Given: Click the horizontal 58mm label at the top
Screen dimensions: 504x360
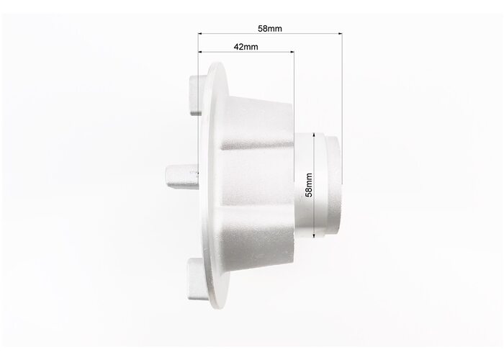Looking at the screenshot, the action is [270, 29].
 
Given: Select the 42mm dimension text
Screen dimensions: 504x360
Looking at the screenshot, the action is [246, 47].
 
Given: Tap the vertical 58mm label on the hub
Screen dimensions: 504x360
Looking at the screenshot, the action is [309, 185].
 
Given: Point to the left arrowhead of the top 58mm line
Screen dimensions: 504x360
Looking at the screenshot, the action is [200, 33].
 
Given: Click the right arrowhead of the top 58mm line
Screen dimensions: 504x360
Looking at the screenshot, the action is [341, 33].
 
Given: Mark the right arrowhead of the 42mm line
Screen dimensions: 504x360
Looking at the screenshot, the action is [292, 51].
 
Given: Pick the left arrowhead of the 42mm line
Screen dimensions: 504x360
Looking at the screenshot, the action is [200, 51].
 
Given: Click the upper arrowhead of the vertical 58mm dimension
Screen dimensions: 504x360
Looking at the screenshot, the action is [315, 135].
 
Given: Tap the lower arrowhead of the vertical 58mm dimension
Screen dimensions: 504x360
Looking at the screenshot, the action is [315, 236].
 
